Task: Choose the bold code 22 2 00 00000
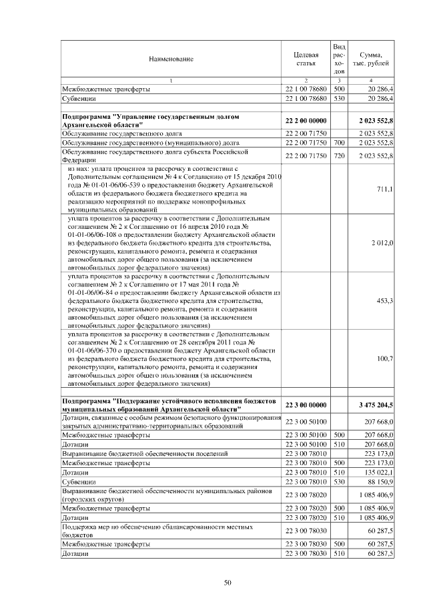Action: pyautogui.click(x=305, y=121)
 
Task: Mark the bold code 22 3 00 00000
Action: pyautogui.click(x=305, y=405)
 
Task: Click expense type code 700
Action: pyautogui.click(x=338, y=143)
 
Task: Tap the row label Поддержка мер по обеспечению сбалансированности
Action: pyautogui.click(x=153, y=531)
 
